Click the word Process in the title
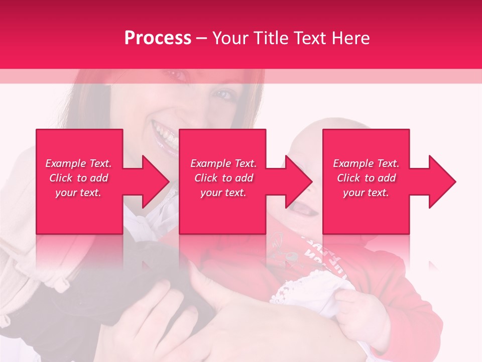158,38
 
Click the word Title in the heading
271,38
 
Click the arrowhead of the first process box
154,182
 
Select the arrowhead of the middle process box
297,182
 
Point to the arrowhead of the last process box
441,182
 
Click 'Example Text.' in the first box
78,163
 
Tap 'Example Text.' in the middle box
223,163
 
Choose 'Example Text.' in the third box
366,163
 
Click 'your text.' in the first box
78,193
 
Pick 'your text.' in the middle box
223,193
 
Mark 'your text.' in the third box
366,193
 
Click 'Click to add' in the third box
366,178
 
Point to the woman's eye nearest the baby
224,95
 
